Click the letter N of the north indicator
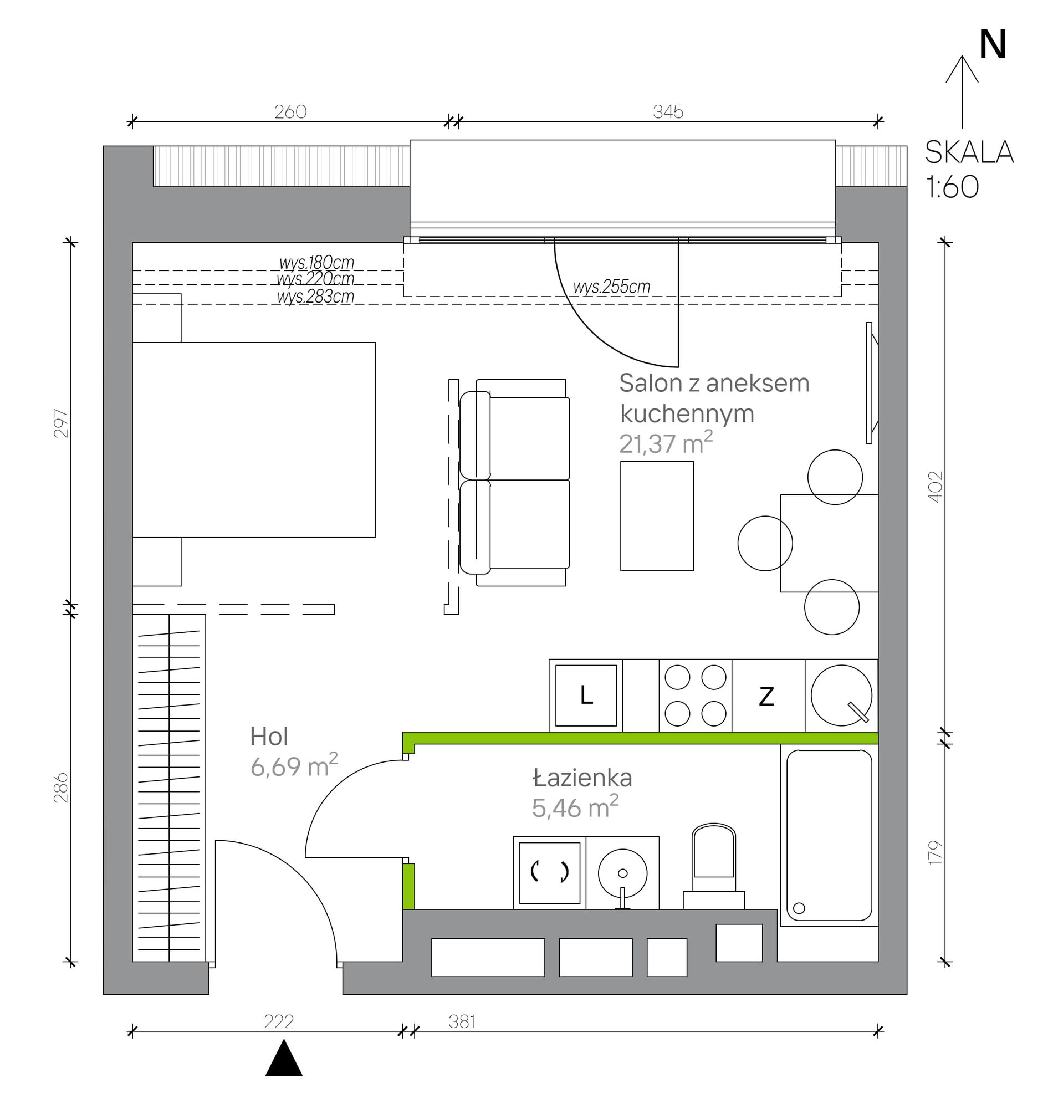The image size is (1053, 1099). point(992,44)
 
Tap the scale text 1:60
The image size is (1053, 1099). point(952,187)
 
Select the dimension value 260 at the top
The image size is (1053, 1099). point(290,111)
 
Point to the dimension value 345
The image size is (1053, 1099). point(668,111)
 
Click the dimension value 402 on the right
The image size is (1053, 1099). point(936,486)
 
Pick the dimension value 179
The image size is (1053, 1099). point(936,852)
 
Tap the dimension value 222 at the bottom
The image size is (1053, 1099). point(279,1021)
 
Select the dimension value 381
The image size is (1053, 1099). point(462,1021)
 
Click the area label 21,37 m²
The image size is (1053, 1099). point(666,443)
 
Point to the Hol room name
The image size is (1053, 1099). point(269,736)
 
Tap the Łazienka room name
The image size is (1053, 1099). point(582,777)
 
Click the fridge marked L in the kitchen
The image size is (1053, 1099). point(586,696)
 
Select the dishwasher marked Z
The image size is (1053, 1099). point(768,696)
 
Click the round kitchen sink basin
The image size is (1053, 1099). point(841,696)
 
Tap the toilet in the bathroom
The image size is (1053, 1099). point(713,866)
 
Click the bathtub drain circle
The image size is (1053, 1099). point(799,908)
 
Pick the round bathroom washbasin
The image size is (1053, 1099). point(622,873)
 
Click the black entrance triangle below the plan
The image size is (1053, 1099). point(284,1058)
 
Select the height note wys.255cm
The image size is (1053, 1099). point(611,287)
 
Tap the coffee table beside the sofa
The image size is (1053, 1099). point(657,516)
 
